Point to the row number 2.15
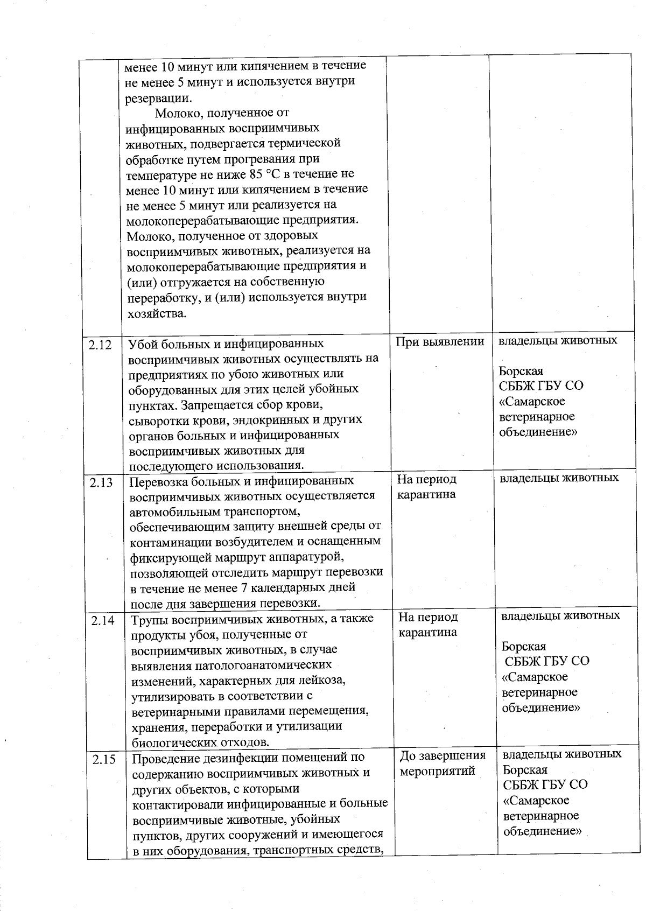(104, 760)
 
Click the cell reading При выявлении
(440, 341)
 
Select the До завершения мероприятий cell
(443, 763)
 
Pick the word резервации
(157, 98)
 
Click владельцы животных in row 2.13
(559, 478)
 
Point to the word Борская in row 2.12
(521, 371)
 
